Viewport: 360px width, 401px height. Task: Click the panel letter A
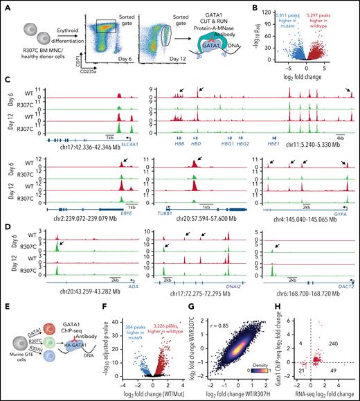coord(6,6)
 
